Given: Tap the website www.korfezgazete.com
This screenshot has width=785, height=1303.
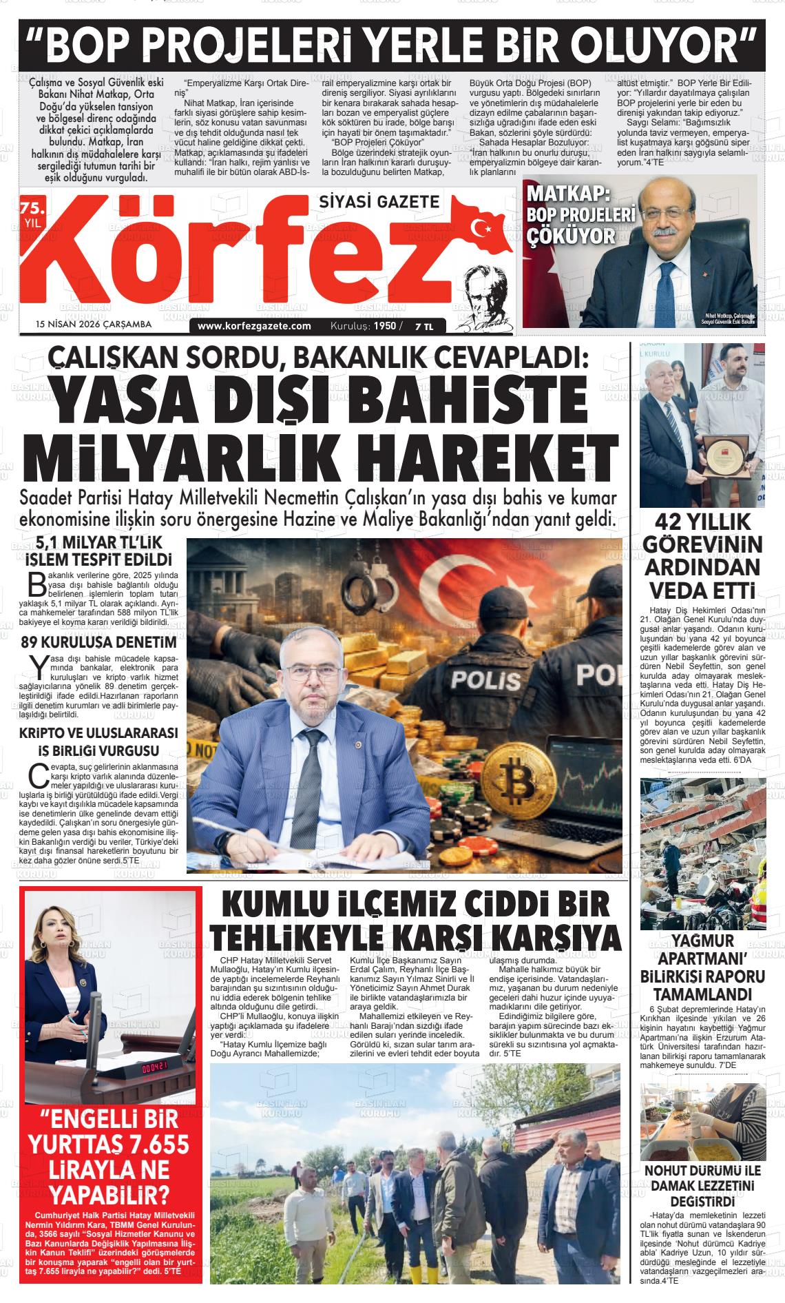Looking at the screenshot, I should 254,326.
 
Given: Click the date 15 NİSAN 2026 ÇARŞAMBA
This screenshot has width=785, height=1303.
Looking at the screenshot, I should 94,324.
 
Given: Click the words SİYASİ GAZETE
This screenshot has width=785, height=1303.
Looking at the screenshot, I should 379,201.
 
